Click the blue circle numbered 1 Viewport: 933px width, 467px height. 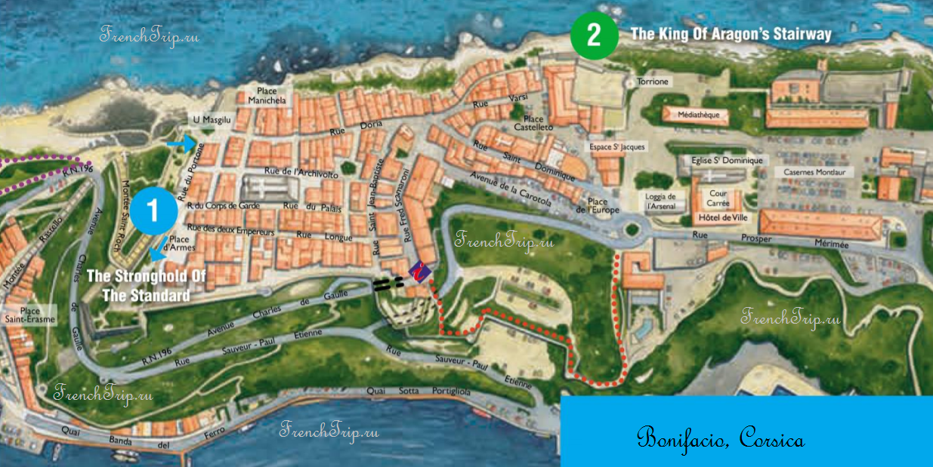pos(156,208)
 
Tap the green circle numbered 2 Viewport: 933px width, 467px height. pos(594,35)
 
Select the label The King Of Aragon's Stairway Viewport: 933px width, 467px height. pos(731,34)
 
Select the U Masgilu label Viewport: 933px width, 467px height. pos(211,120)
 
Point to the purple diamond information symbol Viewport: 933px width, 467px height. pos(420,270)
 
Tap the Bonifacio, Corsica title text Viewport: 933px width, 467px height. pos(720,438)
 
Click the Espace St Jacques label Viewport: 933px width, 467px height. pos(618,147)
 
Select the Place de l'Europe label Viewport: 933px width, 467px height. pos(598,206)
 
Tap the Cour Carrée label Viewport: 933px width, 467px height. pos(717,198)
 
